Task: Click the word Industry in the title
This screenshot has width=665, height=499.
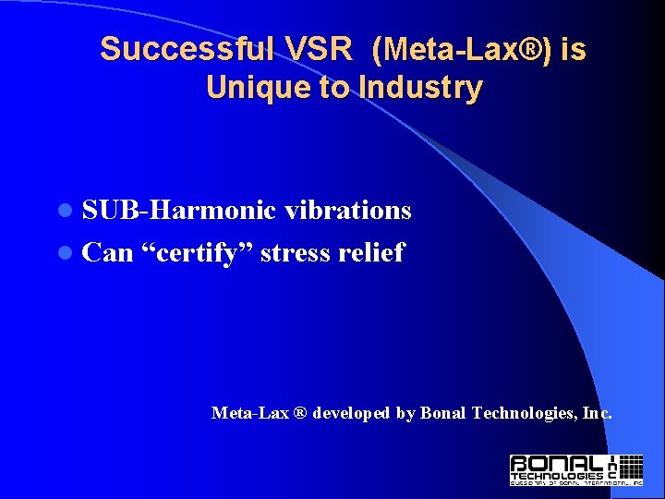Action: point(424,88)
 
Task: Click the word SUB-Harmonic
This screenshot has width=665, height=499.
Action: point(179,211)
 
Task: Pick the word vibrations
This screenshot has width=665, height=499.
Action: point(347,211)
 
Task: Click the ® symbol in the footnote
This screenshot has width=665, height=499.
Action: point(300,413)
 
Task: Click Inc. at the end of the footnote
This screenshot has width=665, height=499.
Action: point(597,413)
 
